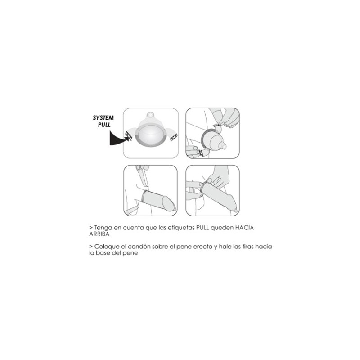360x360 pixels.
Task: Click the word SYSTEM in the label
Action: [x=103, y=118]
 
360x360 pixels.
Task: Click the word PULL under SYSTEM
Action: [x=104, y=125]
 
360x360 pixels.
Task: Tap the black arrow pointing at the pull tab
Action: [x=119, y=139]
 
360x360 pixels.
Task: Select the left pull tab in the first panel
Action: [x=129, y=136]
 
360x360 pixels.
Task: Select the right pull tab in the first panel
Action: [x=174, y=137]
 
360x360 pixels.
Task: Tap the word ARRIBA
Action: [x=99, y=234]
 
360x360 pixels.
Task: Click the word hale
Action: [x=225, y=247]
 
